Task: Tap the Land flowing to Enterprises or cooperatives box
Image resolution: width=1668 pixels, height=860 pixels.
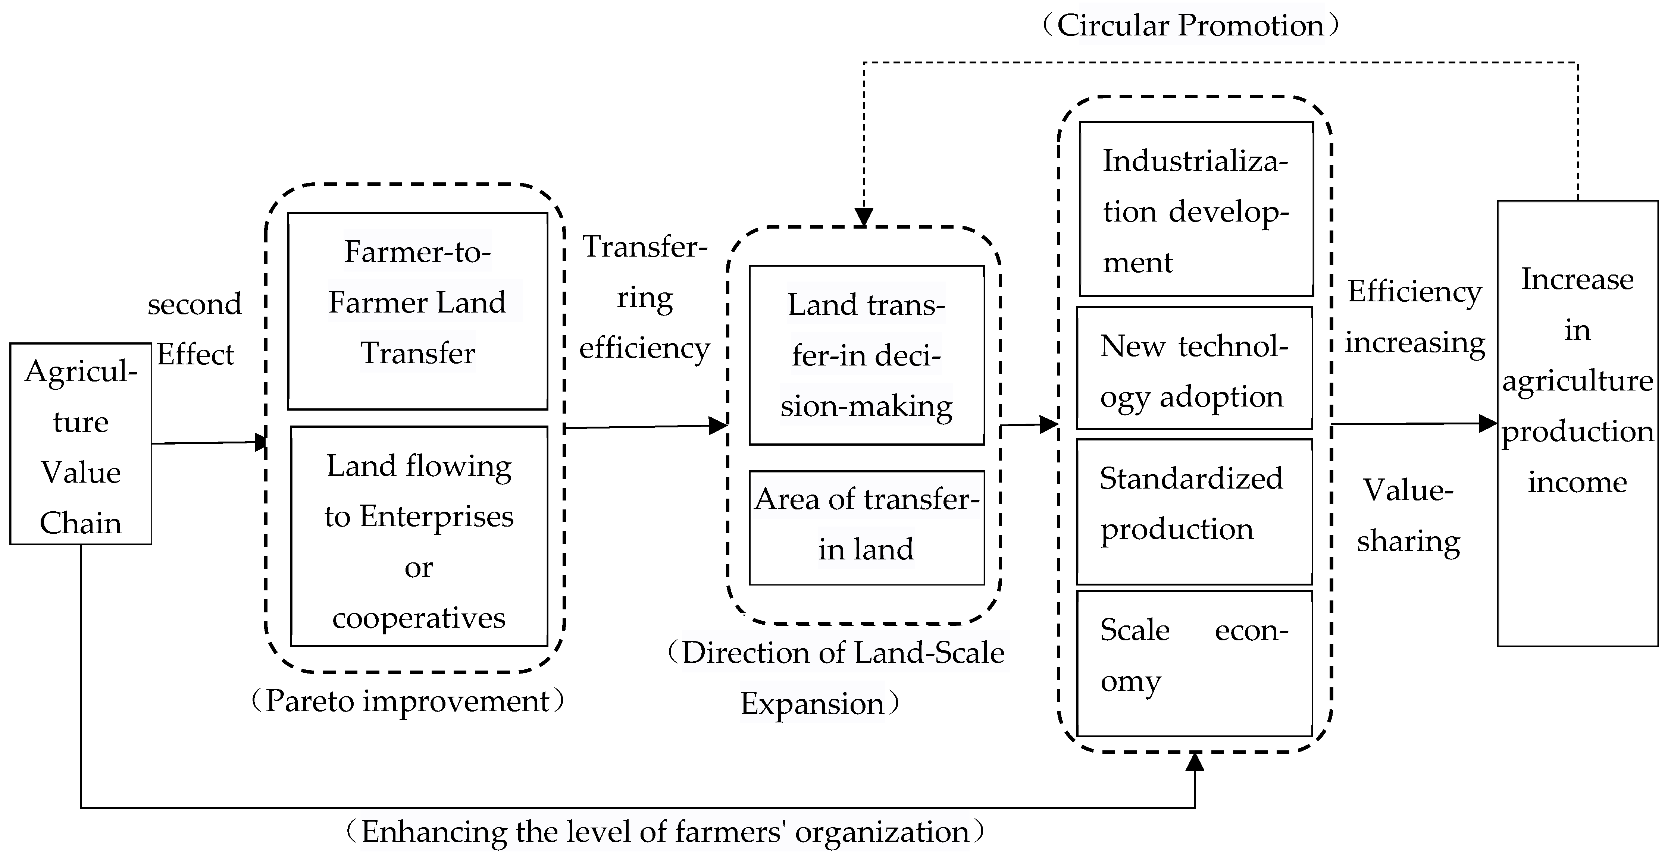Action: [x=419, y=536]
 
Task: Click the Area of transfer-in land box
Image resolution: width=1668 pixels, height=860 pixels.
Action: [x=866, y=527]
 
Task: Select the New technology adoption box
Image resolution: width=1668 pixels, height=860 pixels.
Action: [x=1194, y=368]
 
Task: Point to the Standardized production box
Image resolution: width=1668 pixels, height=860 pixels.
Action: [x=1194, y=511]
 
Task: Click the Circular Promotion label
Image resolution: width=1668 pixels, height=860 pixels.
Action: [x=1189, y=26]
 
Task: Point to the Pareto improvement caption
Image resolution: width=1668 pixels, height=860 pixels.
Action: [x=408, y=701]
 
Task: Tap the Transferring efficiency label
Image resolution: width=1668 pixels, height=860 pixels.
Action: [x=644, y=298]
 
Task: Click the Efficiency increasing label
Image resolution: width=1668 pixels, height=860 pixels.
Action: [x=1415, y=317]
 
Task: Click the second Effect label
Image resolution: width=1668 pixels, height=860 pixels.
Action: [x=194, y=329]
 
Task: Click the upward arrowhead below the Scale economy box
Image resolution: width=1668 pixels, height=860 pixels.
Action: [x=1195, y=762]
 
